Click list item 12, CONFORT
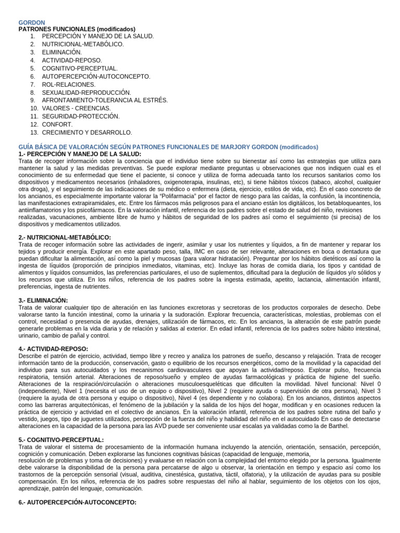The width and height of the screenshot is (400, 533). click(x=57, y=124)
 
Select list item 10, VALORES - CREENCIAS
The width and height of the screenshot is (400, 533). click(x=76, y=108)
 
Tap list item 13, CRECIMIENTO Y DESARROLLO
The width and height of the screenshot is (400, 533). click(x=86, y=133)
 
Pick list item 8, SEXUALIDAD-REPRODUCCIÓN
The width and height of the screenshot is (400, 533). click(x=86, y=92)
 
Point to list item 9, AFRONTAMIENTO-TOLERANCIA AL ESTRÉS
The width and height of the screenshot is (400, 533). click(x=105, y=100)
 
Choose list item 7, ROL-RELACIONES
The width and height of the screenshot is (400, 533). click(x=68, y=84)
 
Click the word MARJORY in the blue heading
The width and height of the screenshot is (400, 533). click(x=229, y=147)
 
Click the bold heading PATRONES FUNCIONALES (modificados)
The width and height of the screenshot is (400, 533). click(x=77, y=29)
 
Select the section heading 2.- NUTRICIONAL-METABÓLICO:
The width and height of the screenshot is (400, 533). click(x=64, y=237)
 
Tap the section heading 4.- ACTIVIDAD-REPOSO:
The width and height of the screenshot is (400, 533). click(x=53, y=348)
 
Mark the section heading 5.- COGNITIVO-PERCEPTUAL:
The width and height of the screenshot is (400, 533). click(x=61, y=440)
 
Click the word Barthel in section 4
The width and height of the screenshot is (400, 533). click(x=337, y=426)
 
